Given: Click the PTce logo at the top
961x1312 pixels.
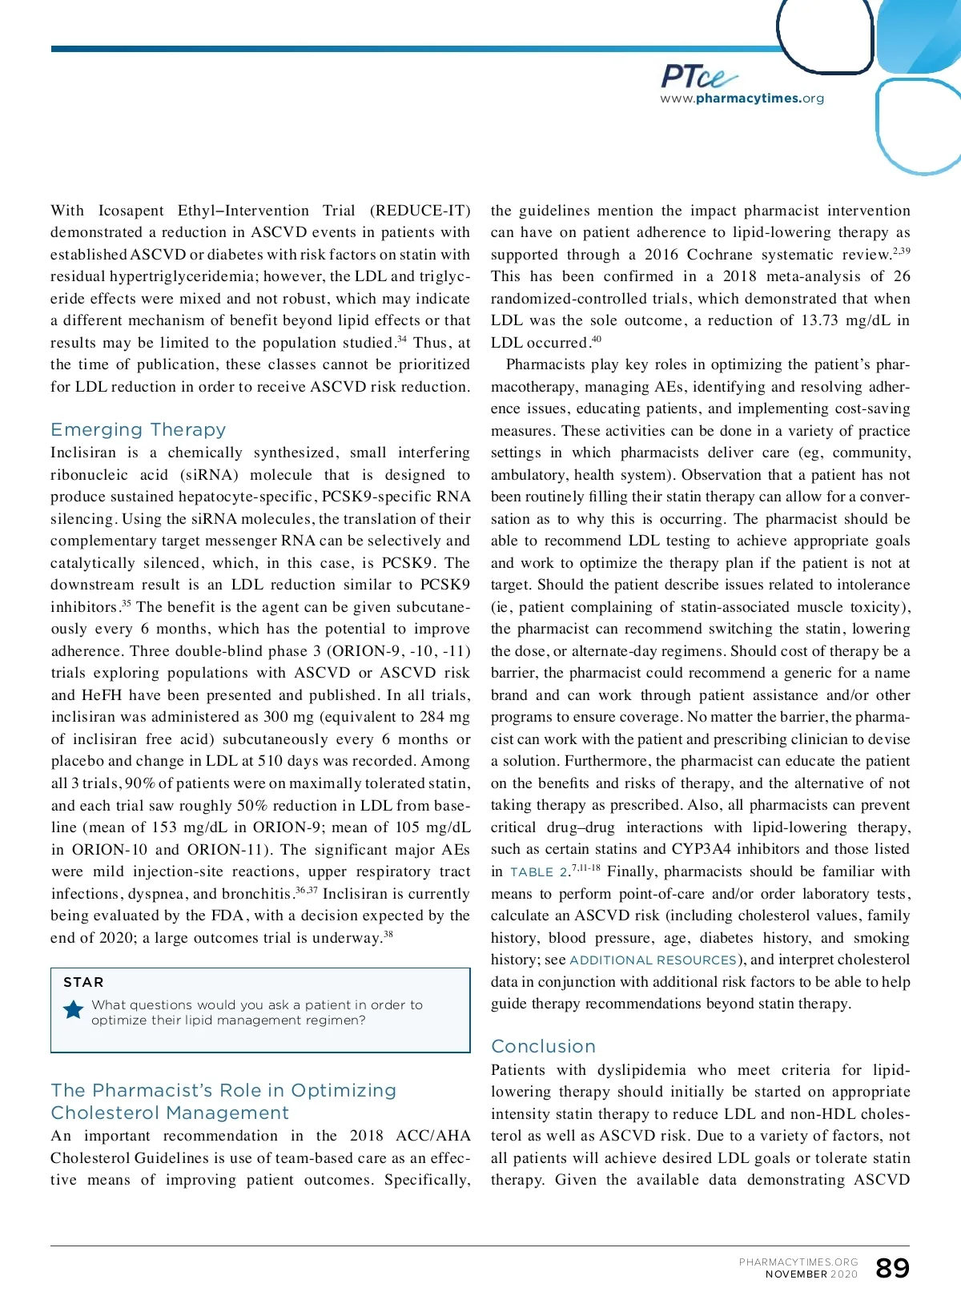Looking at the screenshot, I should [698, 76].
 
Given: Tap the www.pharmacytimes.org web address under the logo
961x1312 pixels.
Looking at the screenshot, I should [742, 99].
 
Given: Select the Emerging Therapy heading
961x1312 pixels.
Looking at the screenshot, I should [138, 429].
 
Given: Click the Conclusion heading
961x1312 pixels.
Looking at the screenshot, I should [543, 1046].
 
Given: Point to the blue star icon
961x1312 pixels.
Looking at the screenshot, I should [74, 1009].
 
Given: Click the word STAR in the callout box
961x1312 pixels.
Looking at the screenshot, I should [83, 982].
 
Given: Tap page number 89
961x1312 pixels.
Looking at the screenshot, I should [892, 1268].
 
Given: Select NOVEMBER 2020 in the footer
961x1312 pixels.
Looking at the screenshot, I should [811, 1274].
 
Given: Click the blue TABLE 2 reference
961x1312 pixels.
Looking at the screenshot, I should [539, 872].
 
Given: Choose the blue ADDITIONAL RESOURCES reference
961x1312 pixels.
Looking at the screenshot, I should [653, 960].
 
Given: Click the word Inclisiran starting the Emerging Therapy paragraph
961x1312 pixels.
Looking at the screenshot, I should [83, 453].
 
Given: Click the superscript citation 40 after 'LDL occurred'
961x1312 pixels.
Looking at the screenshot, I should [597, 340].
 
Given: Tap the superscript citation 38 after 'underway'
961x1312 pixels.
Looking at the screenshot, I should [388, 934].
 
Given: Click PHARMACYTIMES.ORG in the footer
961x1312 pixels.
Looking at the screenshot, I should [798, 1262].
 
